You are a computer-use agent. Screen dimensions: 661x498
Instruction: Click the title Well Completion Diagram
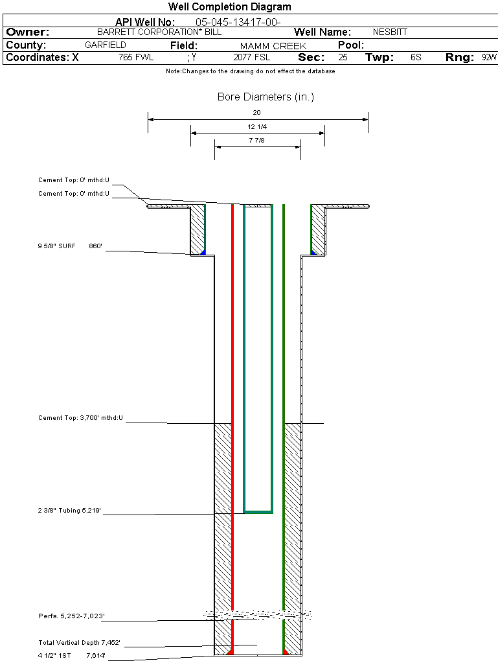[229, 7]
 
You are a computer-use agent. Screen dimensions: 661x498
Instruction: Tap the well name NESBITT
[390, 32]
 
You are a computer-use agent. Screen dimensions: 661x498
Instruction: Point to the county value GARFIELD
[106, 45]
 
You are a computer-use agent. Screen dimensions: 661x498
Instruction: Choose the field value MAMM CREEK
[273, 46]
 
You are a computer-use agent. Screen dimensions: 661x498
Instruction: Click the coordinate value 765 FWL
[136, 58]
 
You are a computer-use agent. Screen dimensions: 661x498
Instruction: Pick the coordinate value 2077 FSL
[251, 58]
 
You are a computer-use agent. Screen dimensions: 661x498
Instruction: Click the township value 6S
[416, 58]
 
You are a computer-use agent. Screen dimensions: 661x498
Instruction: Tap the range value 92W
[489, 58]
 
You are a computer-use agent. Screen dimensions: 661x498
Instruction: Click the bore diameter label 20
[257, 113]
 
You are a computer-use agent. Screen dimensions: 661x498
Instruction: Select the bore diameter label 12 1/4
[257, 126]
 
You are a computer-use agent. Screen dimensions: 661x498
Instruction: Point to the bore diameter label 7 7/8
[257, 140]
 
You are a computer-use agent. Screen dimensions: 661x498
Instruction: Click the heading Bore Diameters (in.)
[266, 97]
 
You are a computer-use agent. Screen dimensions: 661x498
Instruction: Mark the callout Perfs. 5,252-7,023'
[71, 616]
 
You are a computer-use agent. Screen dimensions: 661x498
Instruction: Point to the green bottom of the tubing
[258, 512]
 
